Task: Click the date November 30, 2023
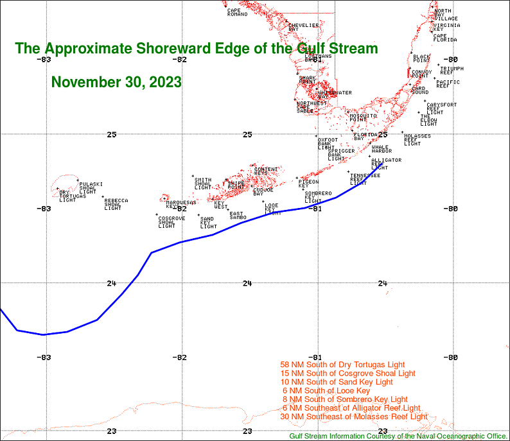tap(116, 82)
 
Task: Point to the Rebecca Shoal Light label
tap(116, 204)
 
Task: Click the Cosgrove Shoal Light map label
tap(171, 222)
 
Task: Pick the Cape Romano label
tap(237, 12)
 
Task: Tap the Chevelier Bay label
tap(303, 27)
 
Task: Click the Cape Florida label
tap(444, 38)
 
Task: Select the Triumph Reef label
tap(452, 70)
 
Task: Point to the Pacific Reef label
tap(447, 83)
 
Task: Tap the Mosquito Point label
tap(358, 117)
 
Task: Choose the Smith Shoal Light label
tap(202, 184)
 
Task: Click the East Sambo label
tap(238, 216)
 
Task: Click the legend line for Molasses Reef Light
tap(353, 417)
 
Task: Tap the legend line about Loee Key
tap(326, 390)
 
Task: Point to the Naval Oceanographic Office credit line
tap(398, 436)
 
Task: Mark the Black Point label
tap(421, 59)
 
